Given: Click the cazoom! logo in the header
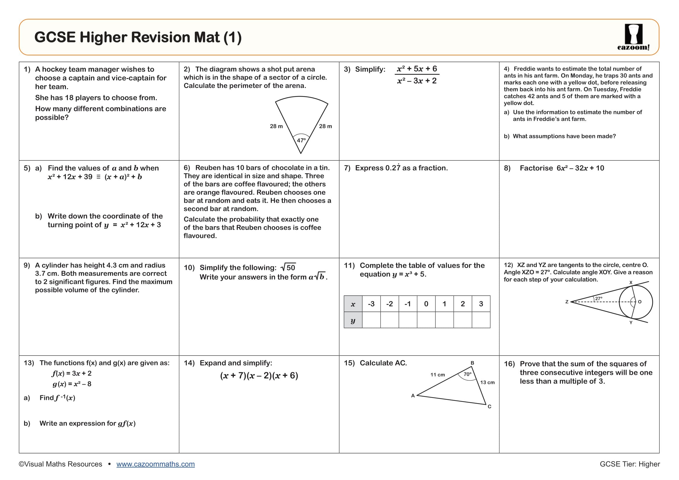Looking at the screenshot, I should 633,37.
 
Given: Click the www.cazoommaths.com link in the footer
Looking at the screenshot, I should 156,464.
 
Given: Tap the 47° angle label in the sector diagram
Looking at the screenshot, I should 301,140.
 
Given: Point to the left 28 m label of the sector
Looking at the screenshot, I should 276,126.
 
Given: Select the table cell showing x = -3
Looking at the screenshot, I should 371,304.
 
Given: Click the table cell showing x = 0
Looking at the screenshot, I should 426,304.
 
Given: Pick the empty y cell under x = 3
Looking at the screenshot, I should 481,320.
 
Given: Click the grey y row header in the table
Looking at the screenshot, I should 353,320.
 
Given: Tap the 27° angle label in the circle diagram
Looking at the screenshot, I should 599,299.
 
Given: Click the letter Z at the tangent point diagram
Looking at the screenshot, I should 567,302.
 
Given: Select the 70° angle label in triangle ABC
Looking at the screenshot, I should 467,374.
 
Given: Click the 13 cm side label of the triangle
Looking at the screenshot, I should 487,382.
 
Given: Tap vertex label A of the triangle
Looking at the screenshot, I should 413,396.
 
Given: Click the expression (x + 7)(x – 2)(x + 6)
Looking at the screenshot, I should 259,375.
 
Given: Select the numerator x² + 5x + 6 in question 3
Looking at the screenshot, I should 417,69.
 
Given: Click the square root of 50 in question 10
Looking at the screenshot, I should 288,268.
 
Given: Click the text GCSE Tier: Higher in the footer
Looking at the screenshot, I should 630,464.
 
